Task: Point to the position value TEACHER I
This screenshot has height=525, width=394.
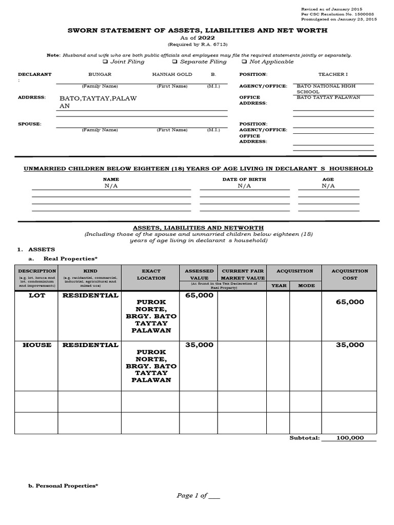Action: click(x=332, y=74)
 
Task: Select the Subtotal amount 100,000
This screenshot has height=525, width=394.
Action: click(x=350, y=438)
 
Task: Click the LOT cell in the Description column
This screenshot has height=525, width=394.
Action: click(x=37, y=296)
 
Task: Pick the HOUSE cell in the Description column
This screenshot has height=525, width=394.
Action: click(x=37, y=345)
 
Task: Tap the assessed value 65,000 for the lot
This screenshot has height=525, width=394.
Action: click(x=199, y=296)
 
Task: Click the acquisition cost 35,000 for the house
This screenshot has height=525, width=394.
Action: click(x=350, y=345)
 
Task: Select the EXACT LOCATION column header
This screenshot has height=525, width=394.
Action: click(x=151, y=274)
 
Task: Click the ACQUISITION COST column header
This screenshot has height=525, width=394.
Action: click(x=350, y=274)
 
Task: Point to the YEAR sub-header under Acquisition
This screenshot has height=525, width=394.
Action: click(x=279, y=286)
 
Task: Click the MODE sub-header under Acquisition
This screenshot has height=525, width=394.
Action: click(x=306, y=286)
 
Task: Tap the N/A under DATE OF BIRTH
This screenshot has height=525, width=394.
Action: click(x=244, y=186)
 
